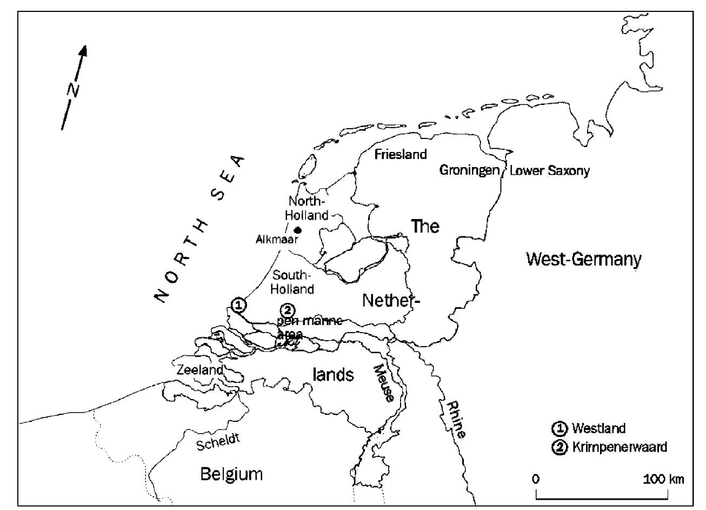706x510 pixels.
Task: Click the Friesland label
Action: pyautogui.click(x=401, y=155)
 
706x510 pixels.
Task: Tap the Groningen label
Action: pyautogui.click(x=469, y=171)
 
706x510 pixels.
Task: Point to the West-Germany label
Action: pyautogui.click(x=584, y=260)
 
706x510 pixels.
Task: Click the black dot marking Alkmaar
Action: pyautogui.click(x=297, y=230)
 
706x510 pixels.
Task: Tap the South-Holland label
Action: pyautogui.click(x=292, y=282)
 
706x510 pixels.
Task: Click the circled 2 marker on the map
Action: pyautogui.click(x=287, y=310)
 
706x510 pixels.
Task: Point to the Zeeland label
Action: pyautogui.click(x=200, y=370)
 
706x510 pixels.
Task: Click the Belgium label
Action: pyautogui.click(x=231, y=474)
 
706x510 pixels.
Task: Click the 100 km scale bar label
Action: pyautogui.click(x=664, y=479)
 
